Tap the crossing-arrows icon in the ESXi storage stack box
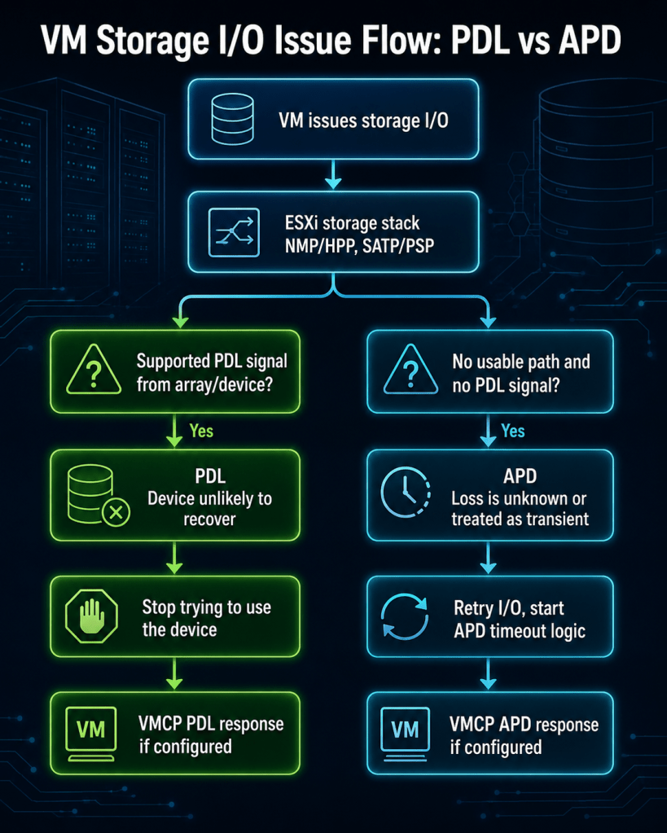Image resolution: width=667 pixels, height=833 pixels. pos(234,233)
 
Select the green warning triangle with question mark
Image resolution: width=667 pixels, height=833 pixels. pos(94,370)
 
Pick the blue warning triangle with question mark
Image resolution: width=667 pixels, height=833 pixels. pos(410,370)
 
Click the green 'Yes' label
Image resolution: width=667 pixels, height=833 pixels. pos(201,431)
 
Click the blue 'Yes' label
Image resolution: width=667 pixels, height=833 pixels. pos(513,431)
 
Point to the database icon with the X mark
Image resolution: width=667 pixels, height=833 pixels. pos(99,495)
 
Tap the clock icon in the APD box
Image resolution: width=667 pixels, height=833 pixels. pos(406,493)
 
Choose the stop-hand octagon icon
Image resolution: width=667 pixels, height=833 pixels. pos(91,616)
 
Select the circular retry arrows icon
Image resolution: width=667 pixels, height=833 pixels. pos(405,616)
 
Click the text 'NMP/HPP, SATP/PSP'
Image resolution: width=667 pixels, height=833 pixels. pos(359,245)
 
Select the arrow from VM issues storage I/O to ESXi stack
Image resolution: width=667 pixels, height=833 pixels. pos(333,174)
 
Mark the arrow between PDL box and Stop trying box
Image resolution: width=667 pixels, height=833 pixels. pos(174,558)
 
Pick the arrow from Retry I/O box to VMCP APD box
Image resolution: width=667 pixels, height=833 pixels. pos(488,673)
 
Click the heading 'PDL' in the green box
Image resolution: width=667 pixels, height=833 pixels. pos(210,476)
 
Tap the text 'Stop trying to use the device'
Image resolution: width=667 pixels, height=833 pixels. pos(207,618)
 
